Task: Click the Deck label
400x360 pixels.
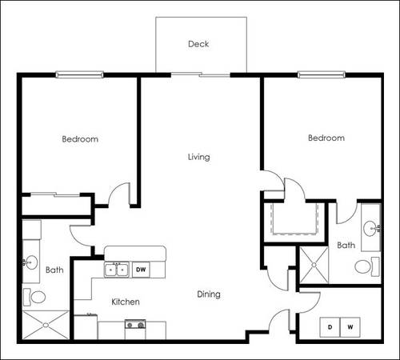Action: (198, 44)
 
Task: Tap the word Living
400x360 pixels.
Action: (199, 157)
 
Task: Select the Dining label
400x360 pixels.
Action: (209, 294)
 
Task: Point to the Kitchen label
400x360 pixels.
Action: (126, 302)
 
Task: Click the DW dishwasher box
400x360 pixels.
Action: (141, 270)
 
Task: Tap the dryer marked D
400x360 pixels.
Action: (330, 327)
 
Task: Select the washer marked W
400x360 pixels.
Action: (350, 327)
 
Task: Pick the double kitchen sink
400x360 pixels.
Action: (117, 270)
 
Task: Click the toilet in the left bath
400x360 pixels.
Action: (34, 297)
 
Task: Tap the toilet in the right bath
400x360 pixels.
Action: (367, 266)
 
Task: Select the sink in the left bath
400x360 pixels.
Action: (30, 262)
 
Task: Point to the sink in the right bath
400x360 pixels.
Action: (372, 229)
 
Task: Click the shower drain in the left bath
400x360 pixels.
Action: (46, 325)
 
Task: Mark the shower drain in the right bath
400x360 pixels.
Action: (314, 265)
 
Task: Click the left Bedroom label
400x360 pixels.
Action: (80, 139)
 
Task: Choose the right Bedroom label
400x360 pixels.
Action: (326, 138)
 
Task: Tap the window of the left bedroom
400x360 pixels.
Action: (79, 74)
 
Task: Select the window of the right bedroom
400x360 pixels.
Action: (322, 74)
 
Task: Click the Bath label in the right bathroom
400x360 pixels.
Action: (346, 245)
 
